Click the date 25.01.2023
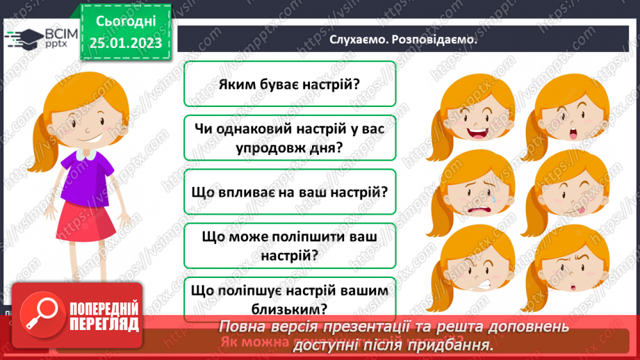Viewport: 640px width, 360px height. (x=125, y=42)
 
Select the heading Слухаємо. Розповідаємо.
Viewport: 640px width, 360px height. (x=404, y=40)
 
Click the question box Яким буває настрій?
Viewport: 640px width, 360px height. (x=289, y=84)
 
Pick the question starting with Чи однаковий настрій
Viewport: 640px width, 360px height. (x=289, y=138)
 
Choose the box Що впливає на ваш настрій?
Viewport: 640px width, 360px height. (x=289, y=193)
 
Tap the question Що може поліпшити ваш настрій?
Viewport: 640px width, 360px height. (x=289, y=246)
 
